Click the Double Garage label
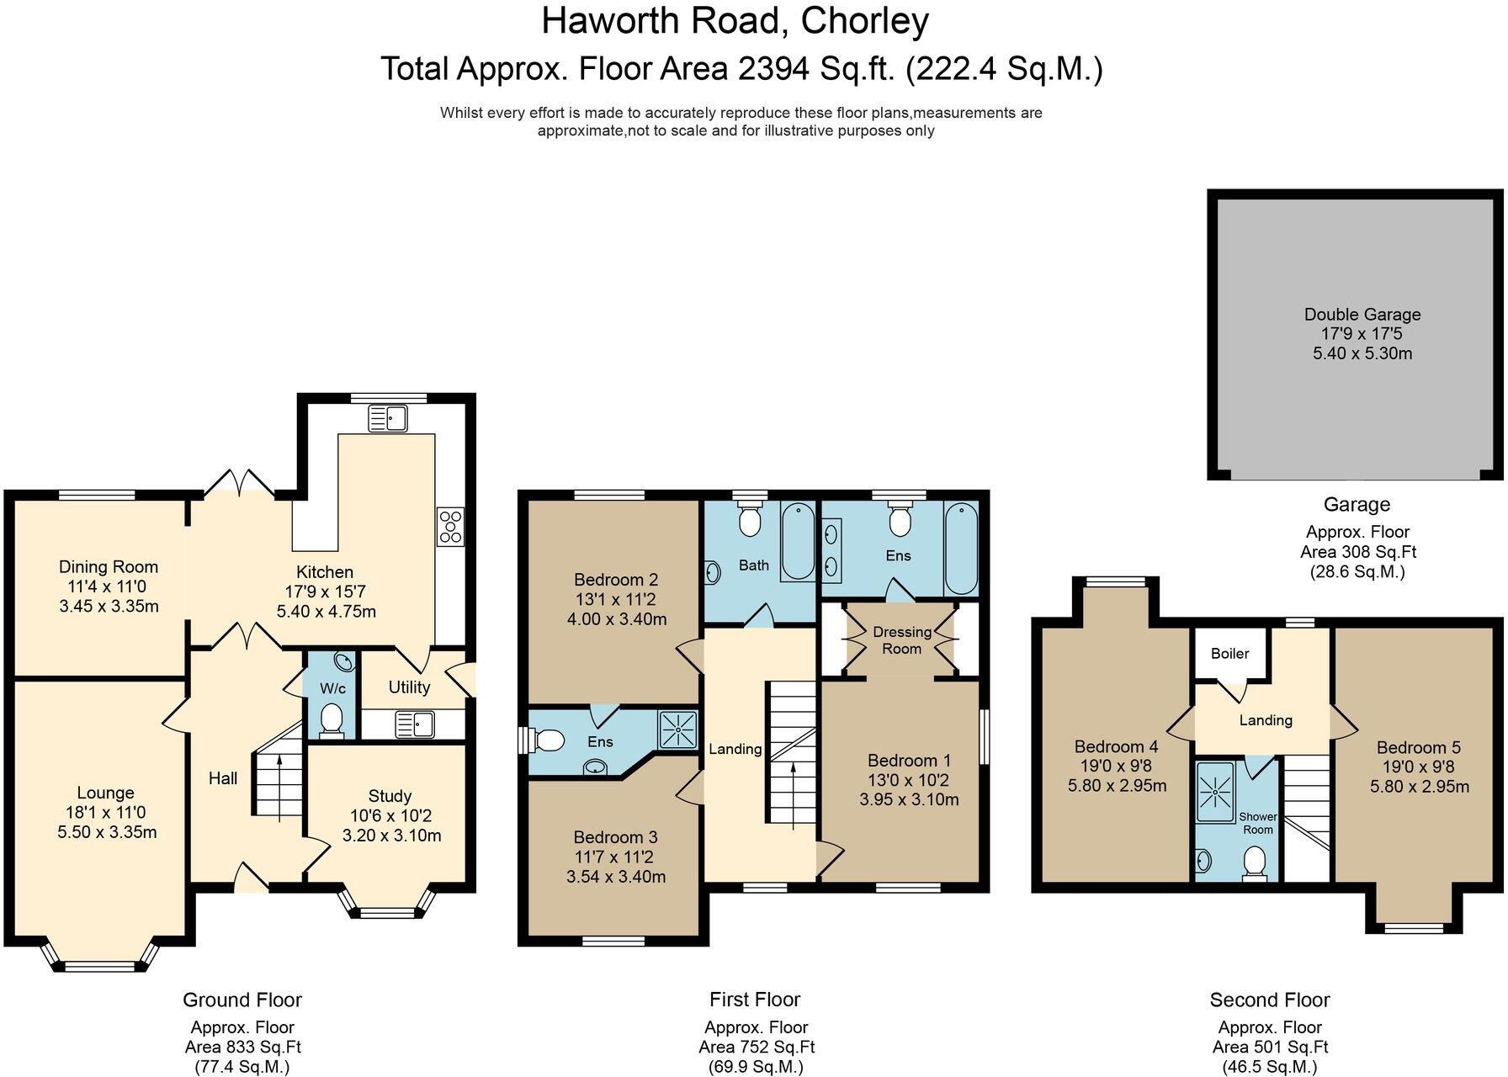click(1362, 315)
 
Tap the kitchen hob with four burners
click(450, 527)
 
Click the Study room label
click(390, 796)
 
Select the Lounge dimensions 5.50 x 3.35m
click(106, 832)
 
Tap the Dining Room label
click(109, 567)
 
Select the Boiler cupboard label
click(1229, 654)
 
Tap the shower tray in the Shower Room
click(1215, 792)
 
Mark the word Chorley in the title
click(864, 21)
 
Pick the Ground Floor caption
click(242, 1000)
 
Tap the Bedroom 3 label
click(615, 837)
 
